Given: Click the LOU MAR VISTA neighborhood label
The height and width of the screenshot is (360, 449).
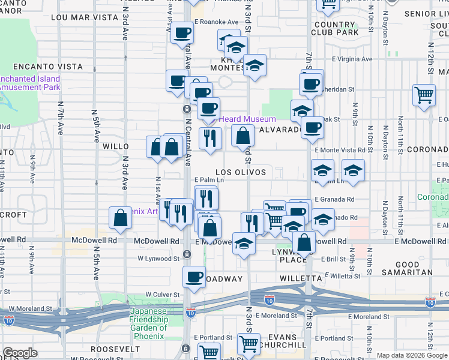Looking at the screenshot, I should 84,17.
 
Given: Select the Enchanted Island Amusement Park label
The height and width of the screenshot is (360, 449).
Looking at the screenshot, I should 30,83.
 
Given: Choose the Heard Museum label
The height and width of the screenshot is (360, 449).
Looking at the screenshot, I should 247,119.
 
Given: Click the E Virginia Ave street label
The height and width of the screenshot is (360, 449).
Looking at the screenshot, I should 353,59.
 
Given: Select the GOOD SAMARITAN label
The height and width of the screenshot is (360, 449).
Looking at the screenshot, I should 416,268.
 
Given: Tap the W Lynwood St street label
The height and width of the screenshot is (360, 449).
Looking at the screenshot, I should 158,259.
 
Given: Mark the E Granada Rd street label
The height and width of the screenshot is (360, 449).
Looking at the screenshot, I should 334,199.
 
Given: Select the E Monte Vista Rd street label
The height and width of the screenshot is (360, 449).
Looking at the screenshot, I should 339,150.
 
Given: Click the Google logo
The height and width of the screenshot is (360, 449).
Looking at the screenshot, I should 20,353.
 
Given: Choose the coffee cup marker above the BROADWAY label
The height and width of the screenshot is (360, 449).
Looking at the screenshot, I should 194,277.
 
